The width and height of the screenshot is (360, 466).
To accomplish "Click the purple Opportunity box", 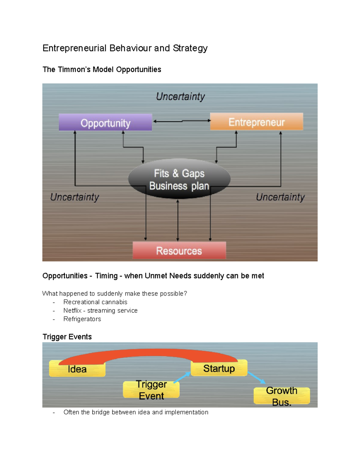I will pyautogui.click(x=105, y=122).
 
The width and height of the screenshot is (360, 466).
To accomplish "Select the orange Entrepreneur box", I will pyautogui.click(x=256, y=122).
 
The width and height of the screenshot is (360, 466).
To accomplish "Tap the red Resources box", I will pyautogui.click(x=179, y=251).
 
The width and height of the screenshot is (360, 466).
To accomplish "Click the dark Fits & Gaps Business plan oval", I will pyautogui.click(x=179, y=179).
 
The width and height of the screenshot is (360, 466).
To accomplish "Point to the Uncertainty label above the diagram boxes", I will pyautogui.click(x=180, y=97).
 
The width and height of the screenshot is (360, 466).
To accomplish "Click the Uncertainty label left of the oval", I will pyautogui.click(x=74, y=197).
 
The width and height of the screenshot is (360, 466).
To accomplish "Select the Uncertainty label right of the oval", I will pyautogui.click(x=280, y=197).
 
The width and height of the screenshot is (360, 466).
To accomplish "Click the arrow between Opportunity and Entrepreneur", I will pyautogui.click(x=182, y=121).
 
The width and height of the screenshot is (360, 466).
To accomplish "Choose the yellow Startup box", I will pyautogui.click(x=219, y=368).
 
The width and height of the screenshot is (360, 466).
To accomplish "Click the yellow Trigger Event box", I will pyautogui.click(x=151, y=390).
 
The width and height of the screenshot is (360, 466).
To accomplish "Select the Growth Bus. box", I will pyautogui.click(x=281, y=396).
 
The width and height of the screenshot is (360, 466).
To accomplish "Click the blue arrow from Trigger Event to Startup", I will pyautogui.click(x=182, y=378).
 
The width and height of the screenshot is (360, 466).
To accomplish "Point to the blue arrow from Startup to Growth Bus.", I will pyautogui.click(x=256, y=377).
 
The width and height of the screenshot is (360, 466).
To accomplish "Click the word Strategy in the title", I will pyautogui.click(x=190, y=48).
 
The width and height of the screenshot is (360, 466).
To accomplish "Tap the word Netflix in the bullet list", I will pyautogui.click(x=72, y=311).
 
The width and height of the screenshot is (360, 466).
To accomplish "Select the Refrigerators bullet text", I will pyautogui.click(x=82, y=319).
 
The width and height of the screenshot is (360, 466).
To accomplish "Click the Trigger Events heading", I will pyautogui.click(x=67, y=337).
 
